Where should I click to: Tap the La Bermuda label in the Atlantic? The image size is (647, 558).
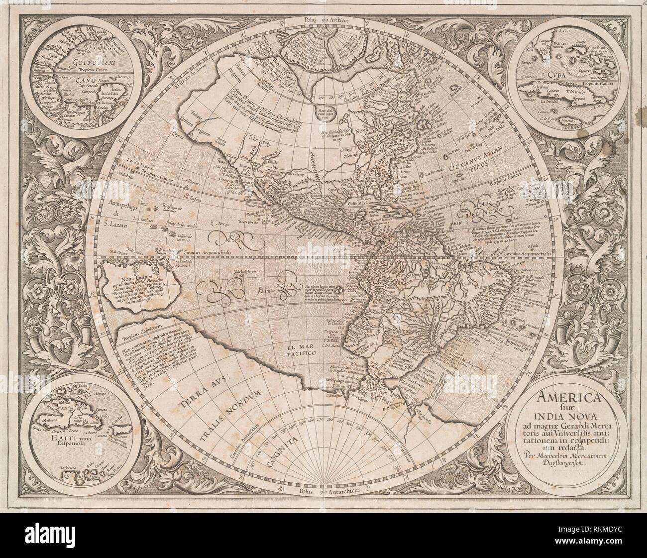pyautogui.click(x=435, y=174)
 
